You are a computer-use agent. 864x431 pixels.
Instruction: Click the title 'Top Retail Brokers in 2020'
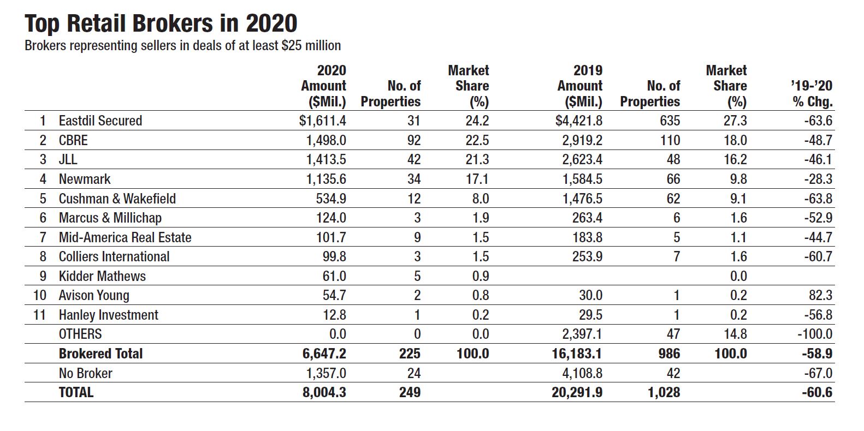161,23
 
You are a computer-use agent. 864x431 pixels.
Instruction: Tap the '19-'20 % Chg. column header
812,94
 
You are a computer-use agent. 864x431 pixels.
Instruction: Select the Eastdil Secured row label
100,121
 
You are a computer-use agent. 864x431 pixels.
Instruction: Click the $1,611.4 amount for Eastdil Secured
322,121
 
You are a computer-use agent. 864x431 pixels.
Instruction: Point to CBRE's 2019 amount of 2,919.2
582,140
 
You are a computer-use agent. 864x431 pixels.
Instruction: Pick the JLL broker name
68,159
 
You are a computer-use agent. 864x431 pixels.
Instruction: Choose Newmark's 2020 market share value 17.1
477,179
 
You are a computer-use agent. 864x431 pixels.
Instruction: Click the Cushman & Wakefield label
117,199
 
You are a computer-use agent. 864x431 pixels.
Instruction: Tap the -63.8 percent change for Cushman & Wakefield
818,199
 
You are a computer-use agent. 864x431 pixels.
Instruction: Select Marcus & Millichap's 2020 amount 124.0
332,218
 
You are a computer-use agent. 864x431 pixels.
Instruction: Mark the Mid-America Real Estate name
125,237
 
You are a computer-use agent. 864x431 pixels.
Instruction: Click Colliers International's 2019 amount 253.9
587,256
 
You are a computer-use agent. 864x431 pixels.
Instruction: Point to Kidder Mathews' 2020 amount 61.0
334,276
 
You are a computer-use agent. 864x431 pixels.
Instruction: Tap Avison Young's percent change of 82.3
821,295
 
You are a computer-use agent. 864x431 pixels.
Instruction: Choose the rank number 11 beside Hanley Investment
39,315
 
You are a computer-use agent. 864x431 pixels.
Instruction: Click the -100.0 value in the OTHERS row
815,334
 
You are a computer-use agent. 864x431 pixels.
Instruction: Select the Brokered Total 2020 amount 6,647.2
324,354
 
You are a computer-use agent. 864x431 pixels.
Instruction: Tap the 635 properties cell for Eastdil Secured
670,121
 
